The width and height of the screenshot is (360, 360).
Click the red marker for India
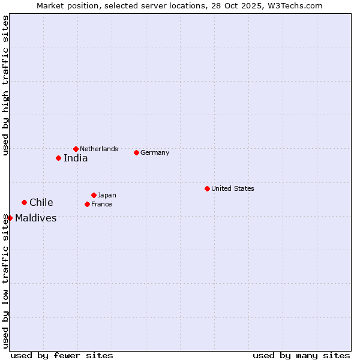pyautogui.click(x=58, y=158)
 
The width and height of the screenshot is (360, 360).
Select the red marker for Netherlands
pyautogui.click(x=76, y=149)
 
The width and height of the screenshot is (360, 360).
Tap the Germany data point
pyautogui.click(x=136, y=152)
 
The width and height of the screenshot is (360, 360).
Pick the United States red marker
pyautogui.click(x=207, y=188)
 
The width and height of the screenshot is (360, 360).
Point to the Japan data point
pyautogui.click(x=94, y=195)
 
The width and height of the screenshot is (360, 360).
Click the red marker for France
pyautogui.click(x=87, y=204)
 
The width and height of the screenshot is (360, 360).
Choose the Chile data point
pyautogui.click(x=24, y=202)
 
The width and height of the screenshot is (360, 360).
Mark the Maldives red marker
pyautogui.click(x=10, y=218)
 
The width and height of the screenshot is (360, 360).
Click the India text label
pyautogui.click(x=76, y=158)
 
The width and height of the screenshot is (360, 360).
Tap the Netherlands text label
pyautogui.click(x=99, y=149)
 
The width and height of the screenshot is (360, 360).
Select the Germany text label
pyautogui.click(x=155, y=152)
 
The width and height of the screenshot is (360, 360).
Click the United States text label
pyautogui.click(x=233, y=188)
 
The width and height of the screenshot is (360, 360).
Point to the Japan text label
pyautogui.click(x=107, y=195)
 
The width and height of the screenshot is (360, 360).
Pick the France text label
pyautogui.click(x=101, y=204)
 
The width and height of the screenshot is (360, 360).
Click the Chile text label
pyautogui.click(x=41, y=203)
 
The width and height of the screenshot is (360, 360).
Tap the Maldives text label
pyautogui.click(x=36, y=218)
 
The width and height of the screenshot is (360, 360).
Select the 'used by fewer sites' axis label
pyautogui.click(x=62, y=355)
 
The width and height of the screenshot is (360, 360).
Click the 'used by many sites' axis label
pyautogui.click(x=301, y=355)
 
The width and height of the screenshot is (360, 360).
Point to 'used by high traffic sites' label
pyautogui.click(x=5, y=86)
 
